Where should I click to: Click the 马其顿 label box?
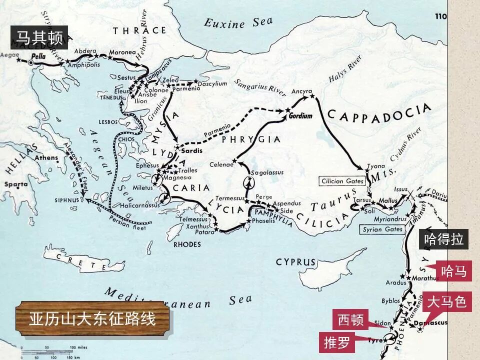(x=39, y=37)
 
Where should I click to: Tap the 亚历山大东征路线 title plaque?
(x=92, y=318)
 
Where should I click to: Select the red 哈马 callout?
(x=454, y=271)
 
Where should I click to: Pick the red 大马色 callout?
(x=447, y=302)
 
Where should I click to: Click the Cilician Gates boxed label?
(x=342, y=181)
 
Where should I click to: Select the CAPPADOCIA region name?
(x=378, y=113)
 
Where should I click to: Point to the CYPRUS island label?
(x=296, y=262)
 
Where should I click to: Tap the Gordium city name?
(x=300, y=116)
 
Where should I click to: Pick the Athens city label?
(x=46, y=158)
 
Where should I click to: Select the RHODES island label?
(x=187, y=244)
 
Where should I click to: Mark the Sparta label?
(x=16, y=184)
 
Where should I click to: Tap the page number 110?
(x=440, y=16)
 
